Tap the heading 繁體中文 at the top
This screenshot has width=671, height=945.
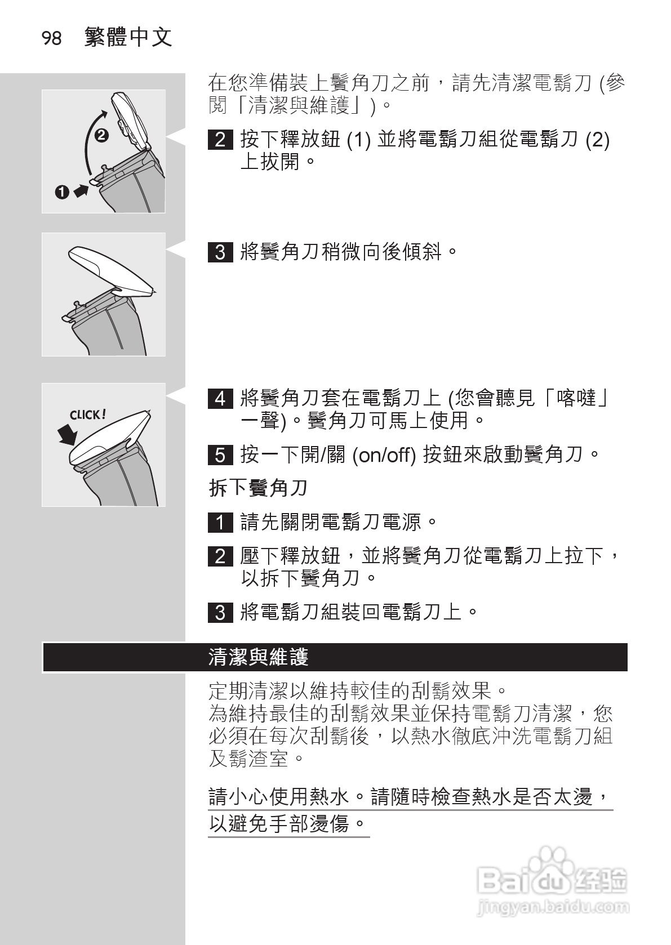(128, 38)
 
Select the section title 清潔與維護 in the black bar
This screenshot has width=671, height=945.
(258, 657)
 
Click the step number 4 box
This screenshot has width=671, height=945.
(220, 399)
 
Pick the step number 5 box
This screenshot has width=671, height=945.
(220, 454)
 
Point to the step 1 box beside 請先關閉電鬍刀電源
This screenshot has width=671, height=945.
(220, 523)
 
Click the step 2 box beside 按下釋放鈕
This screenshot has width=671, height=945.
(220, 140)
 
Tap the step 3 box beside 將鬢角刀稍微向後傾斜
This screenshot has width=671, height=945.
(220, 252)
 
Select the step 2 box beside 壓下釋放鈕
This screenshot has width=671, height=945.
(220, 556)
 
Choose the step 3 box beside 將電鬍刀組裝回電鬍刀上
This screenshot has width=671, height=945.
(220, 612)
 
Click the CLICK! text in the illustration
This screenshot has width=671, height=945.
(87, 415)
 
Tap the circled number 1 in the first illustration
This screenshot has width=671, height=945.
(62, 192)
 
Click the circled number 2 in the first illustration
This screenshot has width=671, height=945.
(101, 135)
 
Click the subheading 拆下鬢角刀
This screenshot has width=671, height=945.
(258, 488)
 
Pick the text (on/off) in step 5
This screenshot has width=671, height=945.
(384, 454)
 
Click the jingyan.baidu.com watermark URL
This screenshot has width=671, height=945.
(552, 907)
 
